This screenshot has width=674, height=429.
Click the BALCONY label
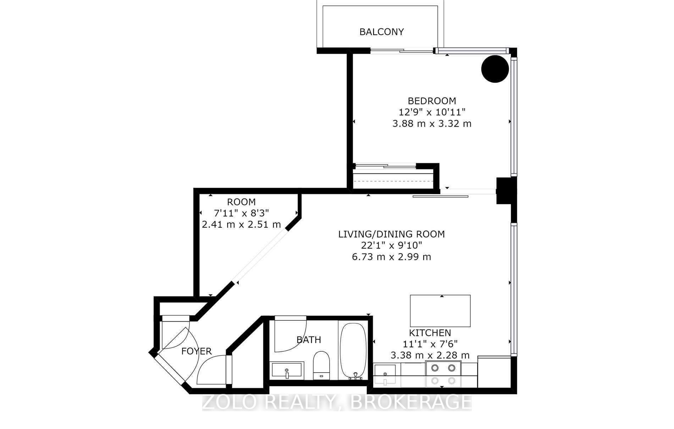click(x=381, y=32)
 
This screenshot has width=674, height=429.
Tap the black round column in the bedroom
click(x=495, y=69)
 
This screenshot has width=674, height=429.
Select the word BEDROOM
click(x=432, y=101)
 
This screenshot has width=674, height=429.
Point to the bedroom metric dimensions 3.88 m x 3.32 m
click(x=432, y=124)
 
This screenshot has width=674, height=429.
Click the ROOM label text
click(x=241, y=202)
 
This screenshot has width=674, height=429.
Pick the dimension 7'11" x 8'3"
click(x=241, y=213)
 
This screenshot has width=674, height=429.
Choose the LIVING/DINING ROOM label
click(x=391, y=234)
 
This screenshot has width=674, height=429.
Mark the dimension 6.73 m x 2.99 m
click(x=391, y=257)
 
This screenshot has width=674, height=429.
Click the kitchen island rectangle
click(x=440, y=311)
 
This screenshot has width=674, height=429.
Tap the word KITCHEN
click(x=430, y=333)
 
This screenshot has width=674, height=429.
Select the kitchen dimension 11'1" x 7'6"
click(x=430, y=344)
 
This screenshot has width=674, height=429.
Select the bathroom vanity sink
click(x=287, y=371)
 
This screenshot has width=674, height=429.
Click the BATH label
click(x=309, y=340)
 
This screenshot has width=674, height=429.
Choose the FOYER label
click(x=197, y=351)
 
